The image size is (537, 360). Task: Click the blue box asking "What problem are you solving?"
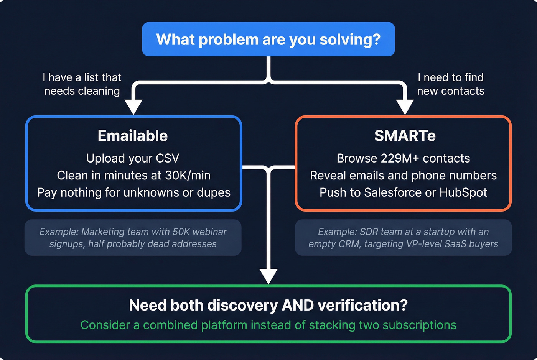[268, 39]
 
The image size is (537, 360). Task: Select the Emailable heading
[133, 136]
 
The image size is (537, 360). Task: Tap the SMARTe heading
[405, 136]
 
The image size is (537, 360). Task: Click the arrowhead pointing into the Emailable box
[133, 106]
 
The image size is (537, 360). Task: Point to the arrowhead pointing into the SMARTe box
[405, 106]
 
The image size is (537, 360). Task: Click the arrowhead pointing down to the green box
[268, 275]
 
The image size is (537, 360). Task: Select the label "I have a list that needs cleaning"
[82, 84]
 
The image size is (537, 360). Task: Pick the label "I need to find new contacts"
[451, 84]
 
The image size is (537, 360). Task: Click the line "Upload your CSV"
[133, 158]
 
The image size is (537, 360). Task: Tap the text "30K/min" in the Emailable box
[188, 175]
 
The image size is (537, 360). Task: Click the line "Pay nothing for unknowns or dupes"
[133, 192]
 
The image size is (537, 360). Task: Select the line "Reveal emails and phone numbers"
[403, 175]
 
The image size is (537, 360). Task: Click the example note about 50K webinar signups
[133, 238]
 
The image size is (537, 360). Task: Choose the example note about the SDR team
[403, 238]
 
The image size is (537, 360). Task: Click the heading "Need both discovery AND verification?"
[268, 305]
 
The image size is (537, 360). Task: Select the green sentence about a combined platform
[268, 325]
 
